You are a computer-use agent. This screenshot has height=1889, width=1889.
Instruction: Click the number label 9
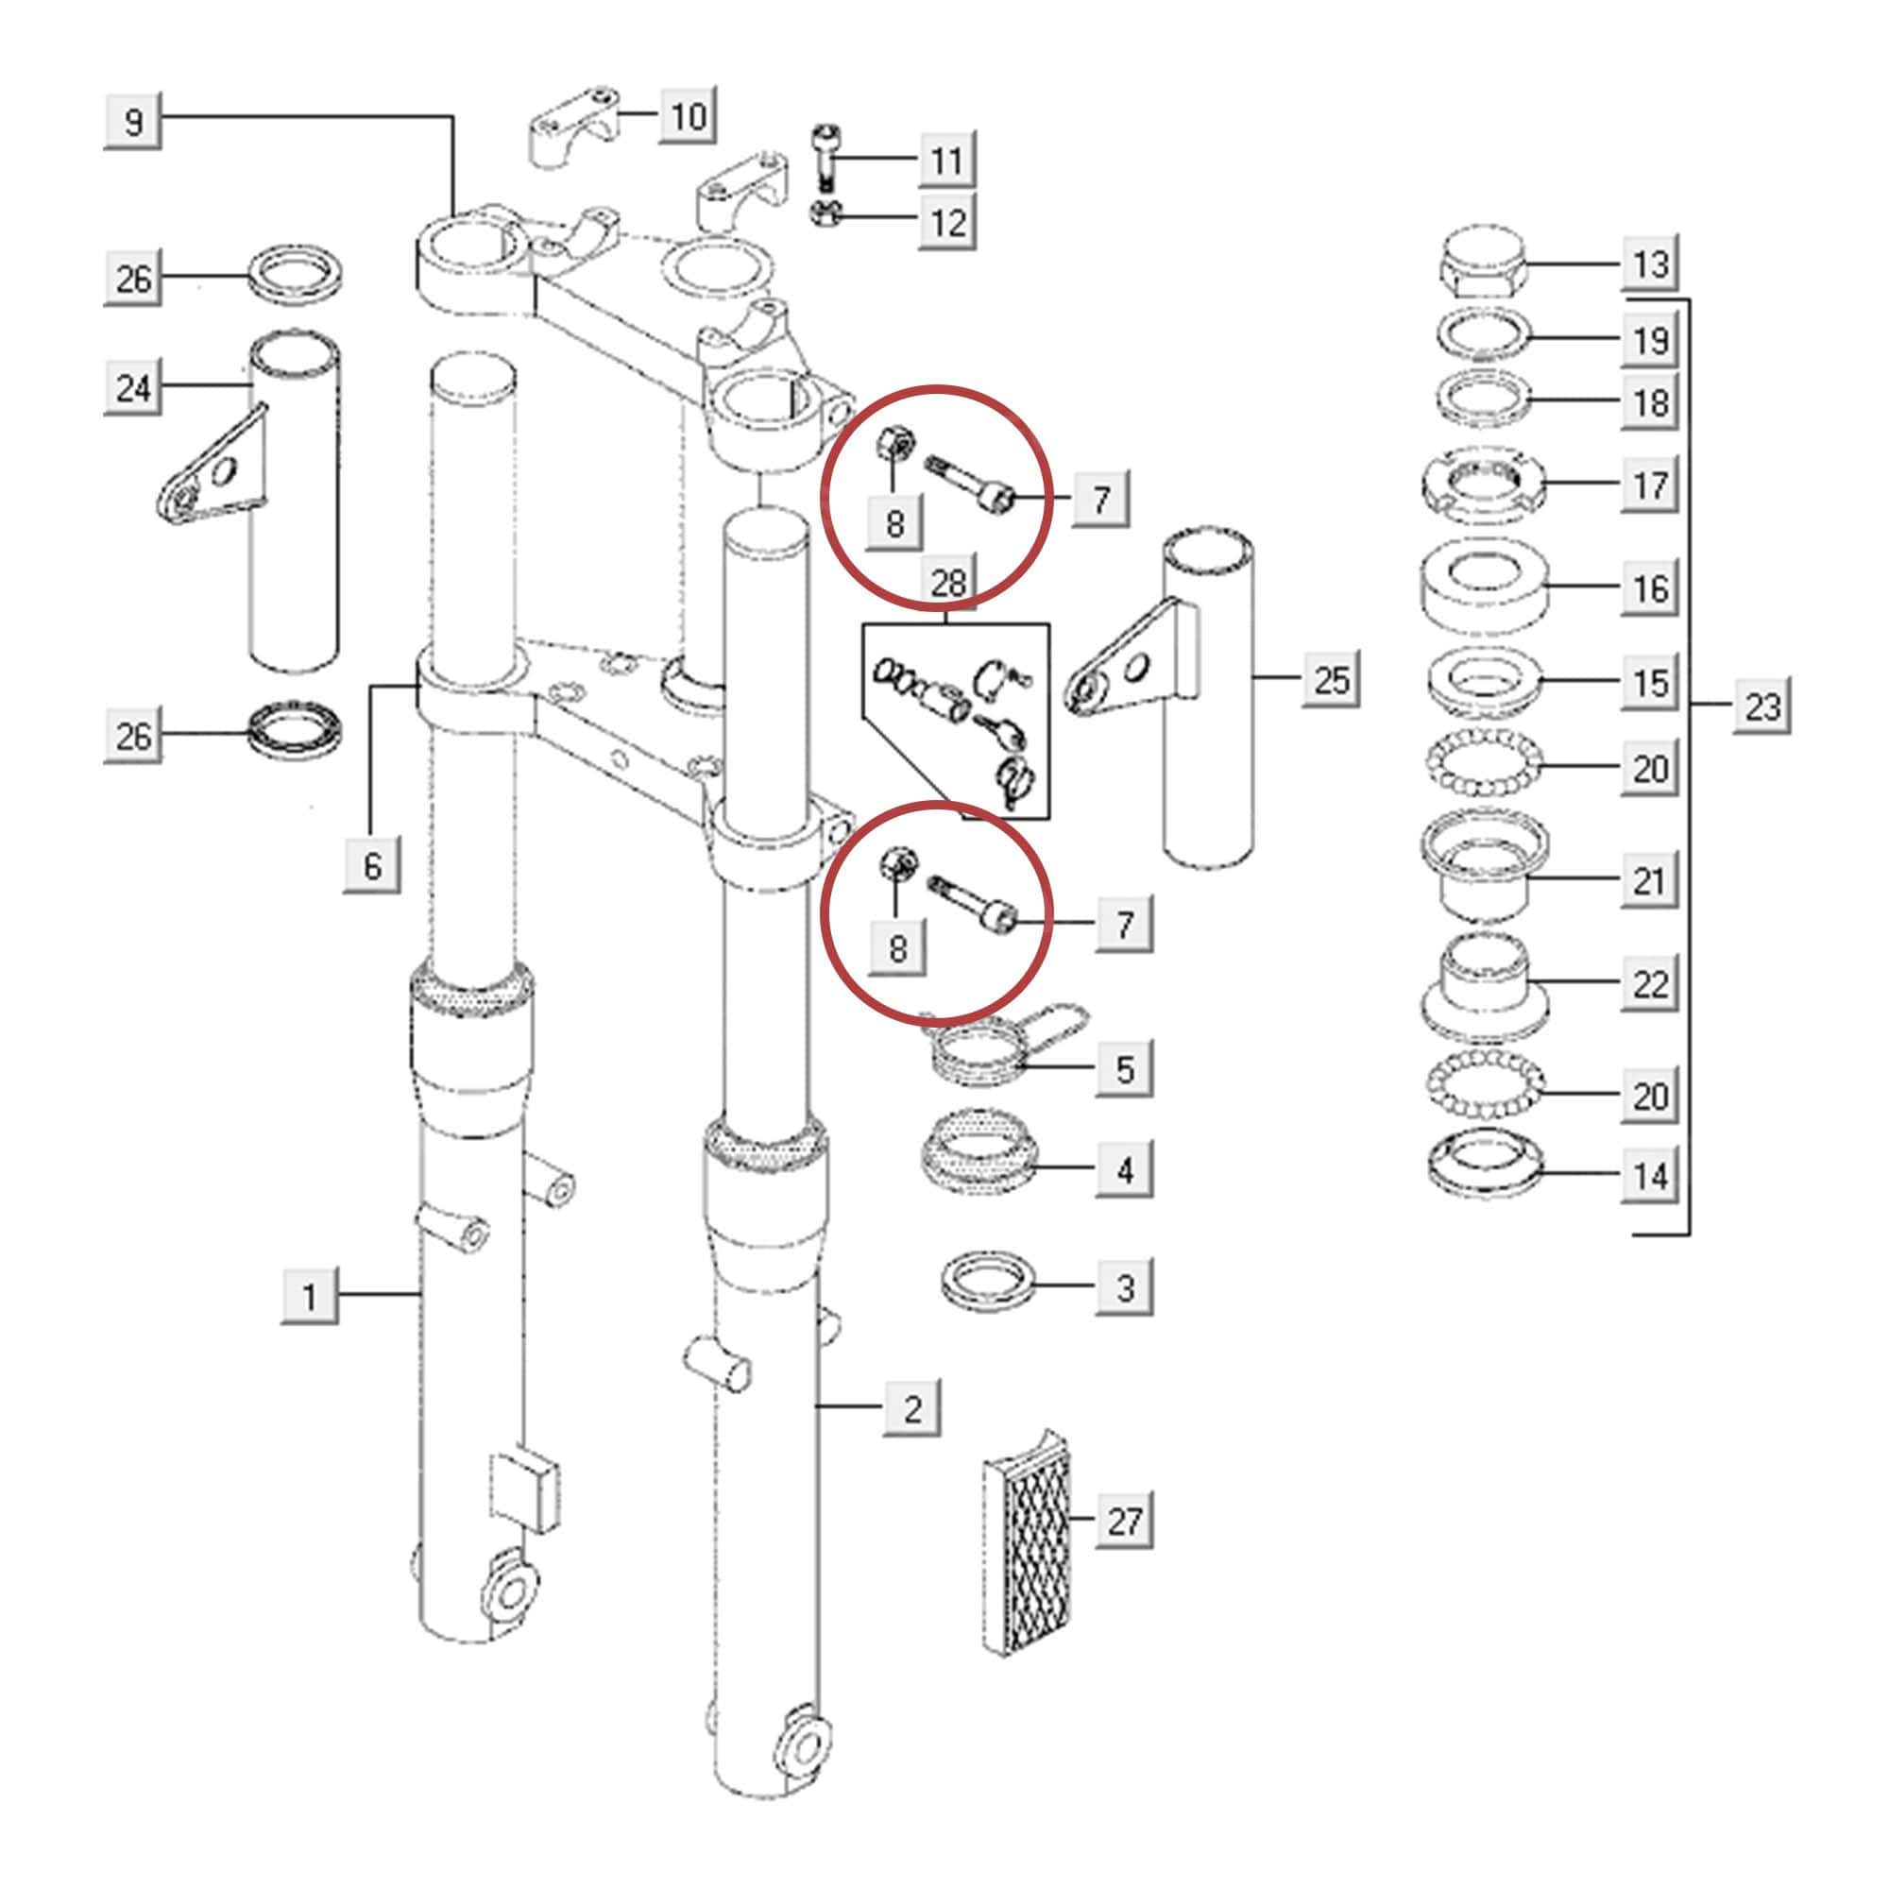click(133, 121)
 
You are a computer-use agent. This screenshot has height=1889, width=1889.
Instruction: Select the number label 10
click(688, 116)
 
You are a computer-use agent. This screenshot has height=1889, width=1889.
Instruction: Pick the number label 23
click(1762, 705)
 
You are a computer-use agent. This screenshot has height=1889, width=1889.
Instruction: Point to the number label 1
click(310, 1297)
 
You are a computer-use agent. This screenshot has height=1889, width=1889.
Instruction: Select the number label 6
click(372, 864)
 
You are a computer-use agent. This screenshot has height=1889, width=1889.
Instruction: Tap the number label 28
click(947, 584)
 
